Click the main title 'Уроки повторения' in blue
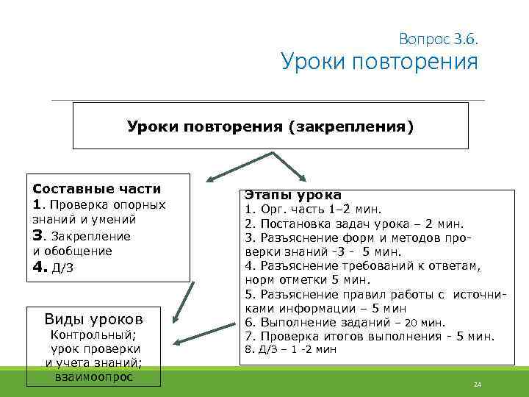[379, 61]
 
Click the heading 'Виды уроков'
[94, 318]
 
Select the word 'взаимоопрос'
[94, 376]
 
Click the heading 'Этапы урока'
[292, 195]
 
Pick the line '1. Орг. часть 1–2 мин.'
[308, 210]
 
